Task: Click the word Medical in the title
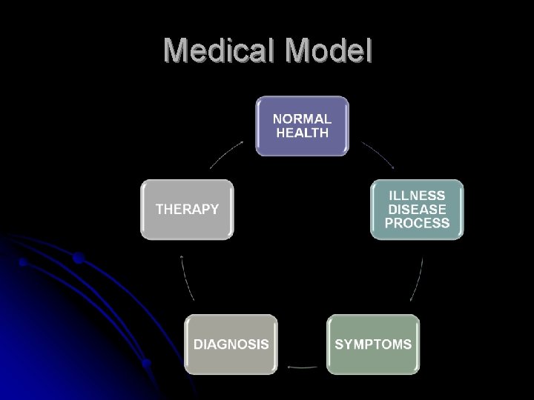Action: pos(220,50)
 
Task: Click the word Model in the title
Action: pos(327,50)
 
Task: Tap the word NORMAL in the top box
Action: pos(302,119)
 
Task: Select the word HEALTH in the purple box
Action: pos(302,133)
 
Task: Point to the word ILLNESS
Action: pos(417,196)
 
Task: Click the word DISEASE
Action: pos(417,209)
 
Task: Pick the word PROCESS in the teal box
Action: pos(417,223)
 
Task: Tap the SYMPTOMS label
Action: pos(373,344)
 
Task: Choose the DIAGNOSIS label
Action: pos(231,344)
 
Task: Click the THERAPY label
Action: pos(187,209)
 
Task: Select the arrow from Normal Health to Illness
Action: pos(378,155)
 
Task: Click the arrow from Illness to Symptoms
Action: pos(418,279)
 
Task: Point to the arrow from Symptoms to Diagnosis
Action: pos(302,366)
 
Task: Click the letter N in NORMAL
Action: pos(278,119)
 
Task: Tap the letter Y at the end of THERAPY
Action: pos(214,209)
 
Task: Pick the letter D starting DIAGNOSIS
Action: pos(198,344)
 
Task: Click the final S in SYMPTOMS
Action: pos(407,344)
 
